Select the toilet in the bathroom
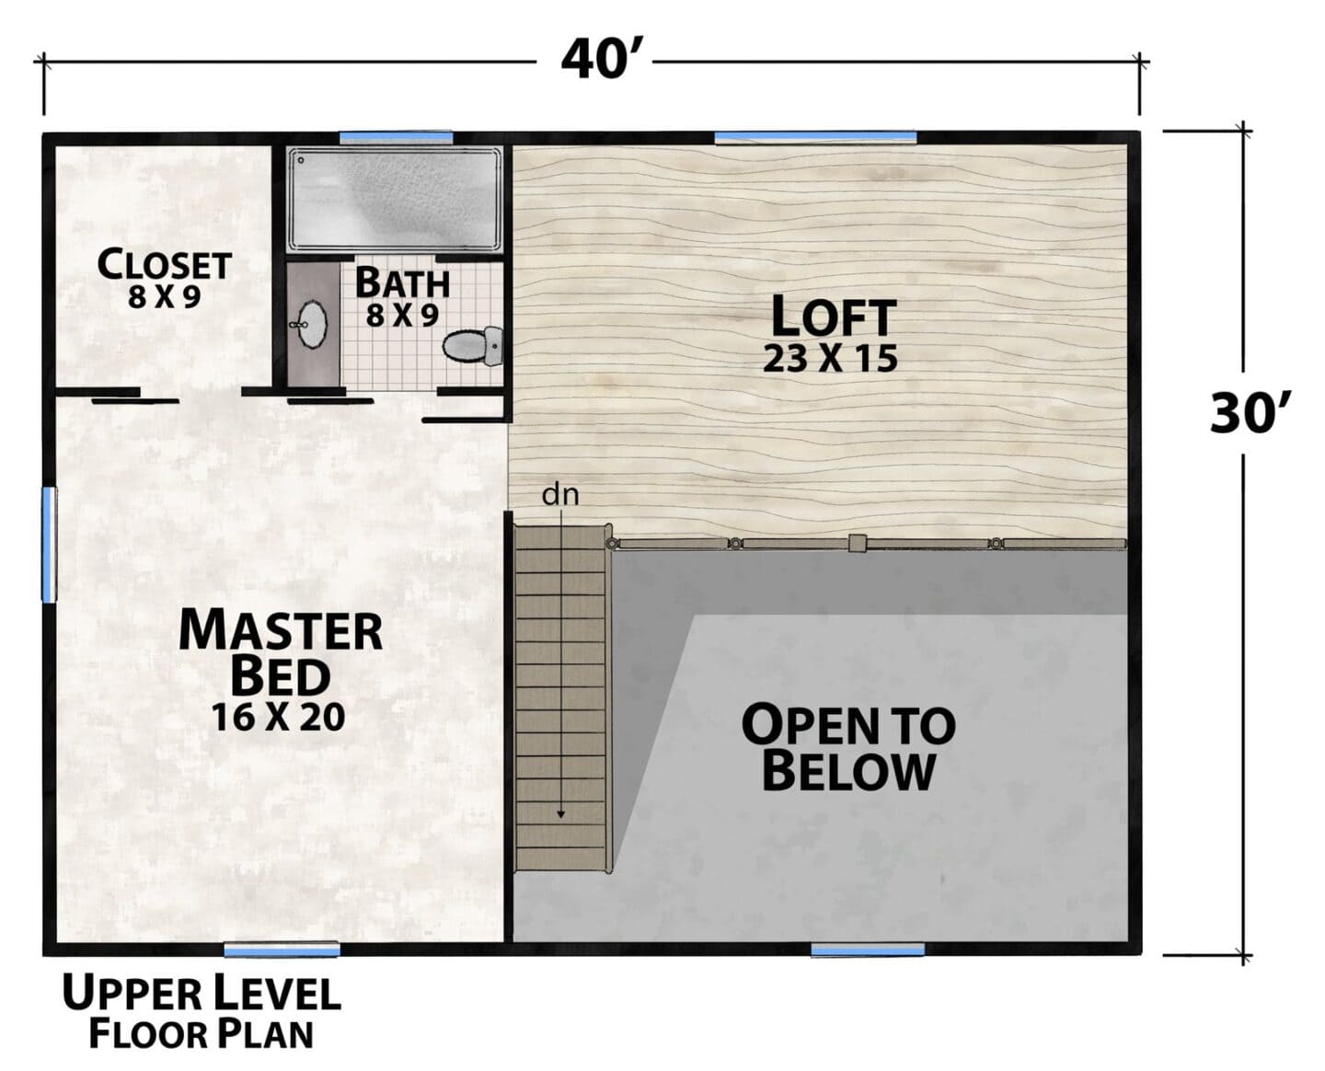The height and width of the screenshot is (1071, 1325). pos(473,345)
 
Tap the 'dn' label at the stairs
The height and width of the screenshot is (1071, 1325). pos(559,495)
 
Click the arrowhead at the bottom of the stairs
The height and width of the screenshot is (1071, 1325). pos(560,813)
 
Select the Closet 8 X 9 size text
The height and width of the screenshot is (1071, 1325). pos(164,297)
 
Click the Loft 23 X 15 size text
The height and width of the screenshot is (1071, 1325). pos(830,359)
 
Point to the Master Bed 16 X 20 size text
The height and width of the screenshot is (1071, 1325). pos(278,717)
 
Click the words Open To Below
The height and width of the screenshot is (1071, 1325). pos(848,748)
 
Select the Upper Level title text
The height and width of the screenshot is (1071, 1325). pos(202,994)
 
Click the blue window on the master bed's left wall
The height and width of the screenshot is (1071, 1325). pos(49,545)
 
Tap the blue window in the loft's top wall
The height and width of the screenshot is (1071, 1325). pos(815,137)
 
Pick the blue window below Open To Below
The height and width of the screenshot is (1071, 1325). pos(868,950)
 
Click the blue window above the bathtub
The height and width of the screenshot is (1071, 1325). pos(396,137)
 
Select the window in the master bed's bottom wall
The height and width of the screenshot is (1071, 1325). pos(282,950)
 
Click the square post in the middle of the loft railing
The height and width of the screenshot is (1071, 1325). pos(858,543)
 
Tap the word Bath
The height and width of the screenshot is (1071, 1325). pos(402,282)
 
